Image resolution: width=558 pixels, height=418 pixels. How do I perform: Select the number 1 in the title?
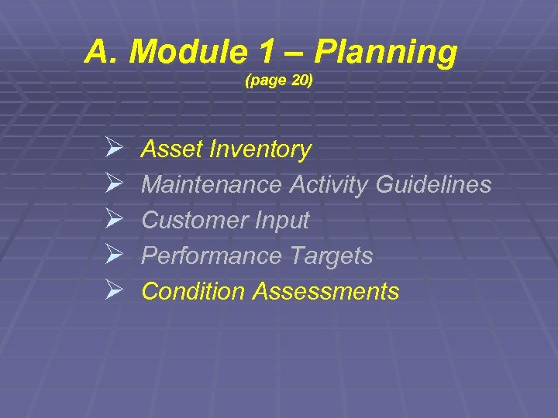coord(266,53)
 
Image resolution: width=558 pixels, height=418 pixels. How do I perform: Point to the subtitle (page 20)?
coord(278,80)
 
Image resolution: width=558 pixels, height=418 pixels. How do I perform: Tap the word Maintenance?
coord(212,185)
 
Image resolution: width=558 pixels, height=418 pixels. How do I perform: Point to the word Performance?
coord(205,256)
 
